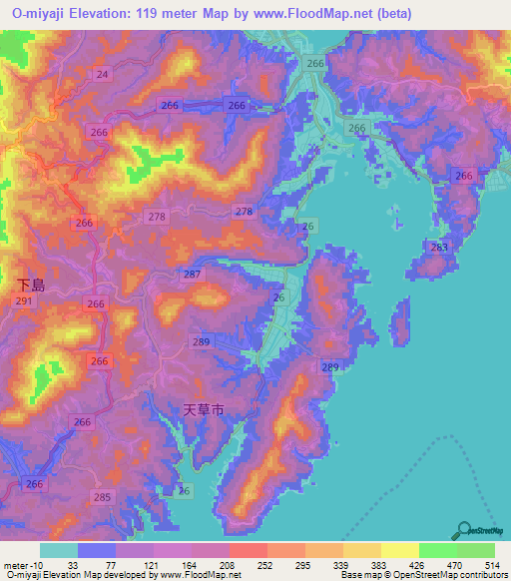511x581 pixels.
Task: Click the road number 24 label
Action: (x=103, y=75)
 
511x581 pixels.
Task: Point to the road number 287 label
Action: (x=193, y=274)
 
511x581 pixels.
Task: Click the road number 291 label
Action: (x=25, y=300)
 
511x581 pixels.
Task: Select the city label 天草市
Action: (x=206, y=409)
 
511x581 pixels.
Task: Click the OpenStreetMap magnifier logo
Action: (x=463, y=531)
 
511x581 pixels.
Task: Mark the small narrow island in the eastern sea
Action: (x=400, y=323)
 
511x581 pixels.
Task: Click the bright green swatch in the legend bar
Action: (x=437, y=550)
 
